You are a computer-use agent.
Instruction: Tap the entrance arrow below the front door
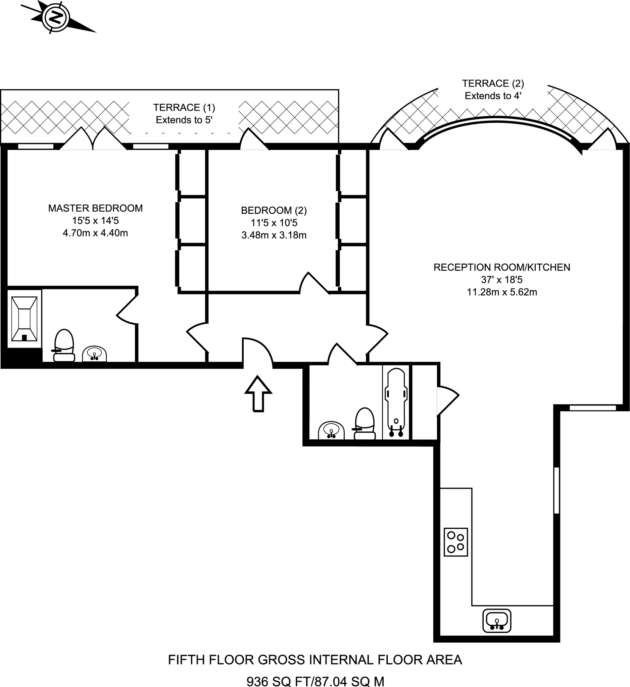pyautogui.click(x=258, y=393)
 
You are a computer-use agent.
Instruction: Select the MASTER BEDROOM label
pyautogui.click(x=95, y=208)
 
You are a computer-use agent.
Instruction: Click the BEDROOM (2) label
pyautogui.click(x=274, y=211)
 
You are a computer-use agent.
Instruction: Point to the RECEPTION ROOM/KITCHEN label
pyautogui.click(x=502, y=267)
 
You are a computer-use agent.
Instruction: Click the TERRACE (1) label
pyautogui.click(x=184, y=108)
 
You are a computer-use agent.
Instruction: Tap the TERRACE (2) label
pyautogui.click(x=493, y=84)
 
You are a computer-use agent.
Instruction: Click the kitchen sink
pyautogui.click(x=497, y=621)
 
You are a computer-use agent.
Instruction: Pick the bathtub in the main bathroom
pyautogui.click(x=396, y=402)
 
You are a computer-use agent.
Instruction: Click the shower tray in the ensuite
pyautogui.click(x=24, y=319)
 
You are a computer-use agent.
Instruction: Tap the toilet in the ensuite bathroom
pyautogui.click(x=64, y=345)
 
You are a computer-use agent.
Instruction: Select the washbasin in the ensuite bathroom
pyautogui.click(x=94, y=354)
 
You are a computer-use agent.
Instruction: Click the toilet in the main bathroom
pyautogui.click(x=365, y=424)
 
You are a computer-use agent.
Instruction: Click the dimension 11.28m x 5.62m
pyautogui.click(x=502, y=292)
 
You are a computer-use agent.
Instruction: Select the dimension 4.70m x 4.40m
pyautogui.click(x=95, y=233)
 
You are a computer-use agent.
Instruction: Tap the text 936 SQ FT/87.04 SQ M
pyautogui.click(x=316, y=681)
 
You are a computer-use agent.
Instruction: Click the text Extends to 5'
pyautogui.click(x=184, y=120)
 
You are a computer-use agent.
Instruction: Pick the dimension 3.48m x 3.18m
pyautogui.click(x=274, y=235)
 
